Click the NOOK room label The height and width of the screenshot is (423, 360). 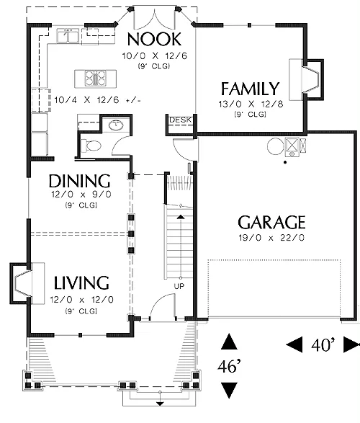tap(154, 39)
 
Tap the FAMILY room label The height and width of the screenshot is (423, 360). tap(251, 89)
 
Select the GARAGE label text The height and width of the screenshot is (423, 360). tap(271, 222)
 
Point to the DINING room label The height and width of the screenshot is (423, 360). tap(80, 181)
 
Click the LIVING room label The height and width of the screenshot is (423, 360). tap(81, 282)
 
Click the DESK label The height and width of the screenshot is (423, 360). tap(180, 120)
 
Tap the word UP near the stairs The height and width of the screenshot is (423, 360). tap(179, 286)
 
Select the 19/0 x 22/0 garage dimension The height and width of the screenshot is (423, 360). tap(271, 238)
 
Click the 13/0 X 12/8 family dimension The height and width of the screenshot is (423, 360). tap(251, 104)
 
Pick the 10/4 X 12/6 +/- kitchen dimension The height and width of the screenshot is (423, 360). tap(97, 100)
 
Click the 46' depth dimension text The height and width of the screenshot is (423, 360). tap(229, 366)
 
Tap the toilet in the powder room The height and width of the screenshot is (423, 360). tap(91, 146)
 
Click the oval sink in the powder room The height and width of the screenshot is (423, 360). tap(116, 125)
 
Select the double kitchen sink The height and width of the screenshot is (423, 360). tap(68, 36)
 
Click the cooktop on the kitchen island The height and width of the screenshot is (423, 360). tap(95, 79)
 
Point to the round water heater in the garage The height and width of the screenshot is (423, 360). tap(276, 146)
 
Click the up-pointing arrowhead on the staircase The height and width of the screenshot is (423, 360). tap(181, 217)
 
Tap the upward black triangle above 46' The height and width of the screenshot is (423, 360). tap(229, 342)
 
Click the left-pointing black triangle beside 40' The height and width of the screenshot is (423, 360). tap(294, 344)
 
